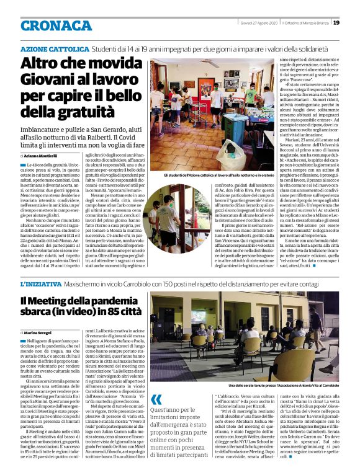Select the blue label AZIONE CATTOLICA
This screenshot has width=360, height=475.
[x=55, y=48]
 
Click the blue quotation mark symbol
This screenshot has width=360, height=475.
[x=156, y=399]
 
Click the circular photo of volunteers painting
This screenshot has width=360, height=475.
[x=171, y=220]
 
